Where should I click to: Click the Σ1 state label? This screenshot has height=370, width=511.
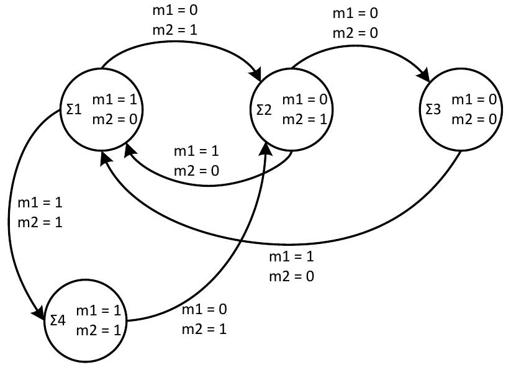(74, 109)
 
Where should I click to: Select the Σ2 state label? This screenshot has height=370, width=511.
(264, 110)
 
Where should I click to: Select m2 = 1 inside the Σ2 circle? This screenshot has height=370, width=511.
(304, 118)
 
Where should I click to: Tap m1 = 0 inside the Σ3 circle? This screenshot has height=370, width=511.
(474, 100)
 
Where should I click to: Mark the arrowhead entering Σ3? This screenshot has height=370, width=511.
(427, 76)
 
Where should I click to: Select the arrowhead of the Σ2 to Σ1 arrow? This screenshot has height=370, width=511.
(129, 148)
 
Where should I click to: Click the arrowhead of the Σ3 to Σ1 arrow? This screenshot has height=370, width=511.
(104, 158)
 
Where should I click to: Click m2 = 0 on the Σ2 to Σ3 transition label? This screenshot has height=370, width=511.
(355, 32)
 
